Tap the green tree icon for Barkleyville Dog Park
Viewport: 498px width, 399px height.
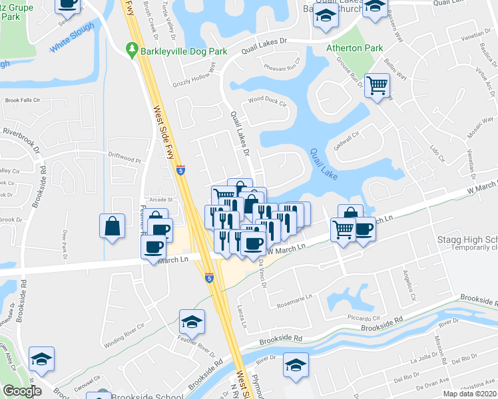click(x=132, y=49)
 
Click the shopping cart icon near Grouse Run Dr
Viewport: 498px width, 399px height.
click(x=377, y=85)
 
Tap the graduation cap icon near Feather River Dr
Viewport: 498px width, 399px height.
click(x=192, y=323)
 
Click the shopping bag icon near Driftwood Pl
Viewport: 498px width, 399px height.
click(x=113, y=225)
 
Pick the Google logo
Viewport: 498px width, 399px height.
click(x=21, y=391)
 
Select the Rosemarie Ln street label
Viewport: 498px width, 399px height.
click(x=294, y=297)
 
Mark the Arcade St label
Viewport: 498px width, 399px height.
click(x=160, y=198)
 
